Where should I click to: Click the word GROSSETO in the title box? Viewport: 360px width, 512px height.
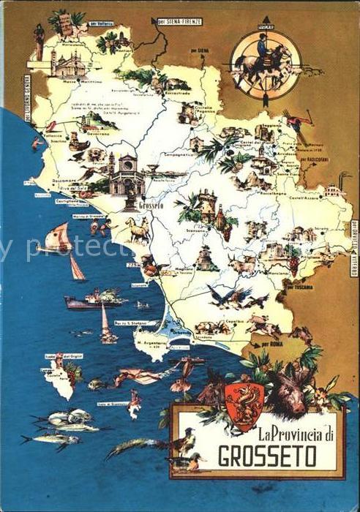267,457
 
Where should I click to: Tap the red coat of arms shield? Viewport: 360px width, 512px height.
244,406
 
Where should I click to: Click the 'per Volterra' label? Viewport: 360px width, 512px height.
98,24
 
